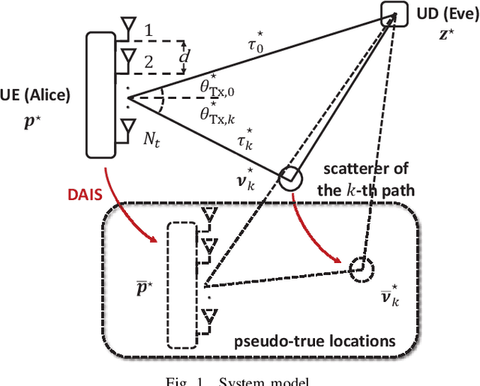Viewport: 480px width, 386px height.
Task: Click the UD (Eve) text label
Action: (445, 14)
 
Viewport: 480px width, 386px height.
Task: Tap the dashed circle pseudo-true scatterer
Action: (361, 266)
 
